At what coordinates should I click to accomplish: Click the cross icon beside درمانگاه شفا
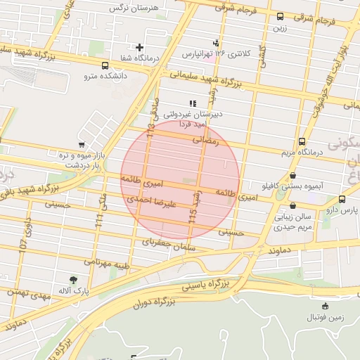coord(140,48)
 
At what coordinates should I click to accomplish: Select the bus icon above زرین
coord(281,16)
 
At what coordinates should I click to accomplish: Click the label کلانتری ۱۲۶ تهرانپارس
coord(216,53)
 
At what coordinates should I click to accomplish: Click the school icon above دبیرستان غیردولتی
coord(192,103)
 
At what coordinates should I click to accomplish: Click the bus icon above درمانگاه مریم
coord(302,141)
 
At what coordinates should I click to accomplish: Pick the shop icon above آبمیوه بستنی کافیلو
coord(292,176)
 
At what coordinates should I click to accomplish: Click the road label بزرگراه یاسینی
coord(206,285)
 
